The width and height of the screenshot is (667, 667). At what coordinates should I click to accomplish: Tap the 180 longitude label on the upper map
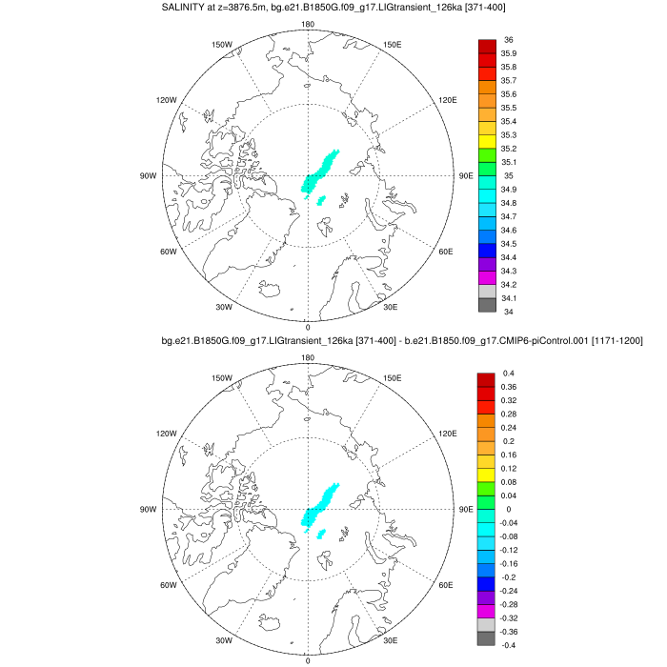click(308, 24)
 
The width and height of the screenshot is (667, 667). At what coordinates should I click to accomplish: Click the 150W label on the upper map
click(222, 45)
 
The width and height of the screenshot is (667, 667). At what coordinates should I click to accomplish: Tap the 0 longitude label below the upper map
click(307, 327)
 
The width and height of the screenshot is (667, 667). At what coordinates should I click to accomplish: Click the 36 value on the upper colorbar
click(508, 40)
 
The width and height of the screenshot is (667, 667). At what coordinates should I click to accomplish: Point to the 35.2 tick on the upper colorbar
click(510, 149)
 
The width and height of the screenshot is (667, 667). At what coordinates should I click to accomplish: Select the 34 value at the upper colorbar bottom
click(508, 312)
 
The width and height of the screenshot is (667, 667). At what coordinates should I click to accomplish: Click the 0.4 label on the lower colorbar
click(509, 373)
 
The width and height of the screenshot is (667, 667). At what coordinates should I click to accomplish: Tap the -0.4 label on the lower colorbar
click(510, 645)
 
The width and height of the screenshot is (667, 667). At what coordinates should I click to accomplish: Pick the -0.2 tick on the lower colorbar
click(510, 576)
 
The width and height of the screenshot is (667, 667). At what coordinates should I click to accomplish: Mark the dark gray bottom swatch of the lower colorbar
click(486, 638)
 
